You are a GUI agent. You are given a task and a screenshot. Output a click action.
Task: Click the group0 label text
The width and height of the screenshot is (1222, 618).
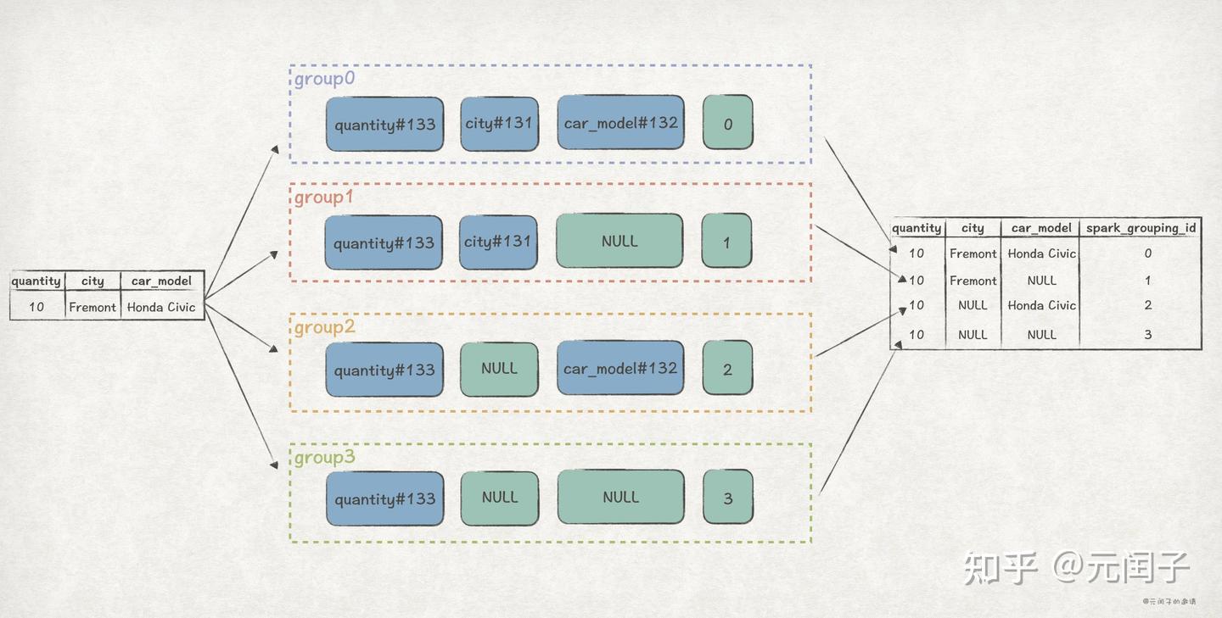pos(324,79)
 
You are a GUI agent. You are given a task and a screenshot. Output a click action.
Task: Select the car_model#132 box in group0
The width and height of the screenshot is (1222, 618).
pos(620,123)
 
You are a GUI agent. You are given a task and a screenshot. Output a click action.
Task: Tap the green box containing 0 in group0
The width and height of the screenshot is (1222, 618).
pos(727,123)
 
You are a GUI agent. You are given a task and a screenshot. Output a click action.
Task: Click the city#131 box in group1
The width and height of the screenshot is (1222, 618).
pos(498,242)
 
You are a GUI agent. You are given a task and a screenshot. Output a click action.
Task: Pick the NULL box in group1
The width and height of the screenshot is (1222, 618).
pos(619,242)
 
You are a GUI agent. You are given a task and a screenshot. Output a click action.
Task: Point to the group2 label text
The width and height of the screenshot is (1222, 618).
pos(324,327)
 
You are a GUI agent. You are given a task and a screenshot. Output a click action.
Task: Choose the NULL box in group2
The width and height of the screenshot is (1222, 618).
pos(499,370)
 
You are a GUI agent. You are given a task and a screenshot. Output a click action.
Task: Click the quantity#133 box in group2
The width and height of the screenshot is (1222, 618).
pos(384,370)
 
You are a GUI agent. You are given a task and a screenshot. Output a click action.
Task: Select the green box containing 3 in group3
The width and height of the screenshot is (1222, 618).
pos(727,498)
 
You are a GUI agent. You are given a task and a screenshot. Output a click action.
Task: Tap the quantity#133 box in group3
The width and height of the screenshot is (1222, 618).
pos(384,498)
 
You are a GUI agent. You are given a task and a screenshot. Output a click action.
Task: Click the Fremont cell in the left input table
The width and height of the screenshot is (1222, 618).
pos(92,307)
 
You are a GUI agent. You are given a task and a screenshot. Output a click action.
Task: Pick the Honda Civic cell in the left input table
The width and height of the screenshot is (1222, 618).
pos(161,307)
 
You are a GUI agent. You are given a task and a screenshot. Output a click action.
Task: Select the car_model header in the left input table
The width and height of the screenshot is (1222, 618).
pos(161,281)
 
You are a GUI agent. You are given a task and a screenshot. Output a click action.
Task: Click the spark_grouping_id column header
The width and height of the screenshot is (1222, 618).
pos(1142,228)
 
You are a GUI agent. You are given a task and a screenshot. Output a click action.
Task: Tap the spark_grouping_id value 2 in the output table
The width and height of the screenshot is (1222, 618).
pos(1147,305)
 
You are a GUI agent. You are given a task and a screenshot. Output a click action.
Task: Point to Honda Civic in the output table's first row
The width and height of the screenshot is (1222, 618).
pos(1041,253)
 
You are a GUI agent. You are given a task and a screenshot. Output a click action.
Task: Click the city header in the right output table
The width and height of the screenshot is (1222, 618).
pos(973,228)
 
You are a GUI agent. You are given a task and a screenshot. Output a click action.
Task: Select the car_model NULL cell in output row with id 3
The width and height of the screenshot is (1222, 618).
pos(1041,335)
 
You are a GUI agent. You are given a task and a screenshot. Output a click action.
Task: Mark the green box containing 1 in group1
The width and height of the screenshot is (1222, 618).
pos(726,242)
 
